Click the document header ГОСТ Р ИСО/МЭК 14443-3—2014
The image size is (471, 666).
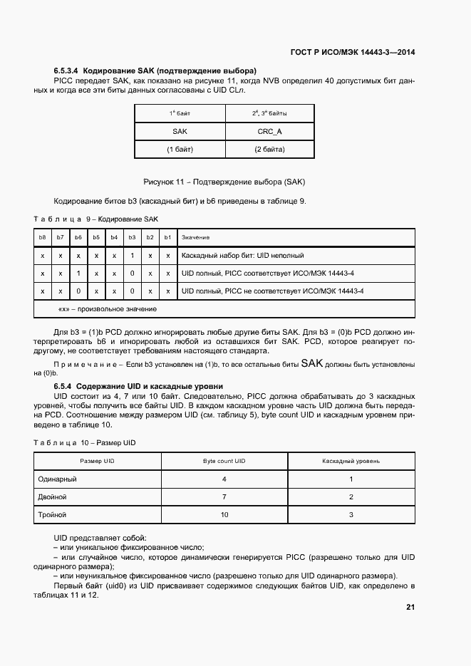(353, 52)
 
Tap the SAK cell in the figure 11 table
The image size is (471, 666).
(180, 132)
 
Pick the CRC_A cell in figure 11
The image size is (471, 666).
(269, 132)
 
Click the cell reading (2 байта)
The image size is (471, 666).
(269, 150)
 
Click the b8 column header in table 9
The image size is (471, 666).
(43, 237)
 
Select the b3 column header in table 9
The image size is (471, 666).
(132, 237)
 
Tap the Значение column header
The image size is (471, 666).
(195, 237)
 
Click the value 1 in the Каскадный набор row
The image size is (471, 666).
(132, 256)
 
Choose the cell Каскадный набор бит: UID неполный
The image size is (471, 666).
(243, 256)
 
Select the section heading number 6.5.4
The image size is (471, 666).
(63, 385)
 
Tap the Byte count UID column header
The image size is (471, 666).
(224, 461)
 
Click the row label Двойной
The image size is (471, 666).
(52, 496)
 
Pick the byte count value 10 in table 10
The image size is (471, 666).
(224, 514)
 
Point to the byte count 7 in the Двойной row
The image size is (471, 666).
(224, 496)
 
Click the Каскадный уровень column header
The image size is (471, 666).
(351, 461)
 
